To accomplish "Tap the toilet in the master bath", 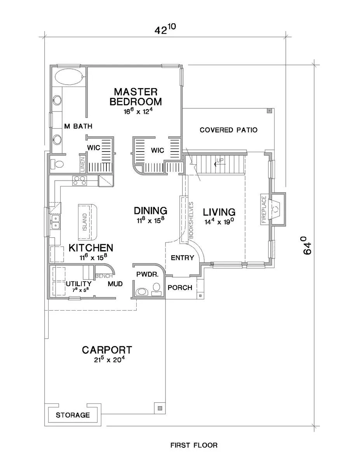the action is pyautogui.click(x=57, y=165).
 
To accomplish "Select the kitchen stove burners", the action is pyautogui.click(x=80, y=181).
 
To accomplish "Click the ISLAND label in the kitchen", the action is pyautogui.click(x=85, y=222).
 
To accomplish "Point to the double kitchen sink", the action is pyautogui.click(x=55, y=222).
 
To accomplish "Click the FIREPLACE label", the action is pyautogui.click(x=264, y=209).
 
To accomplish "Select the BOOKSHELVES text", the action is pyautogui.click(x=191, y=220).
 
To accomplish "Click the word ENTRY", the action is pyautogui.click(x=182, y=257).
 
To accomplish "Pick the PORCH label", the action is pyautogui.click(x=180, y=288).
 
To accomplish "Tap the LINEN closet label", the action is pyautogui.click(x=83, y=165).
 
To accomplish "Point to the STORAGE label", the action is pyautogui.click(x=73, y=415).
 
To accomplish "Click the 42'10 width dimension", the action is pyautogui.click(x=165, y=29).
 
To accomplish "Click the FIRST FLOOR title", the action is pyautogui.click(x=194, y=445).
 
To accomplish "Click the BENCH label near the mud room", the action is pyautogui.click(x=104, y=276).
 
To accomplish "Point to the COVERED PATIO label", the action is pyautogui.click(x=228, y=130).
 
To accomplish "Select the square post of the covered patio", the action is pyautogui.click(x=269, y=111).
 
